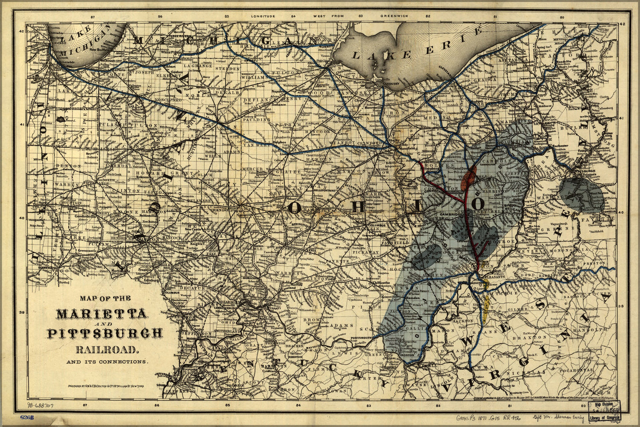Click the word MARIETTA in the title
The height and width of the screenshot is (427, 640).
pyautogui.click(x=102, y=314)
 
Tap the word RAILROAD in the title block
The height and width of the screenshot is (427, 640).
pyautogui.click(x=107, y=350)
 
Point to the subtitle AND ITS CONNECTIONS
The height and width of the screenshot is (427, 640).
pyautogui.click(x=107, y=362)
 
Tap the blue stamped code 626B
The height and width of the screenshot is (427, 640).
pyautogui.click(x=27, y=417)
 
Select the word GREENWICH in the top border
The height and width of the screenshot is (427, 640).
pyautogui.click(x=395, y=16)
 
